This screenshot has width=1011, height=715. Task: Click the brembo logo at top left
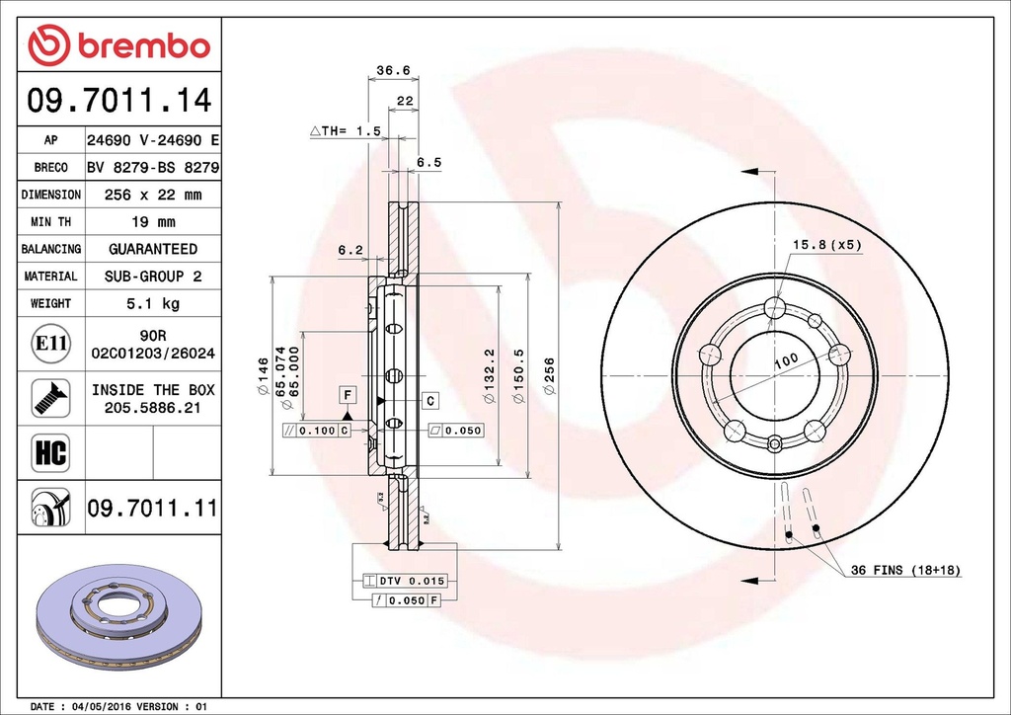[118, 44]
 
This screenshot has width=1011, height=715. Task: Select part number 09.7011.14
[118, 101]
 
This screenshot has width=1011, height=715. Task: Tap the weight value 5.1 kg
[153, 303]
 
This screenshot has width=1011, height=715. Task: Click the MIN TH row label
[50, 222]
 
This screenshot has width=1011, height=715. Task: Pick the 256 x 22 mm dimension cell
[153, 195]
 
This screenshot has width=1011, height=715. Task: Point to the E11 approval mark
[50, 344]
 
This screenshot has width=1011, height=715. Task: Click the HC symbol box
[50, 453]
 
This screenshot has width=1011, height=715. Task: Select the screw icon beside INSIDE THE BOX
[50, 397]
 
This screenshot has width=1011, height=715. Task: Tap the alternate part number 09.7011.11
[152, 509]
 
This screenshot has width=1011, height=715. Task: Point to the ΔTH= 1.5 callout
[346, 130]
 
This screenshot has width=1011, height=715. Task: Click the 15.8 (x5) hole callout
[826, 243]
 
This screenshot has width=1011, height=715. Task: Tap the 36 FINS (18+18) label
[906, 571]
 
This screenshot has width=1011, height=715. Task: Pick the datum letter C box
[430, 400]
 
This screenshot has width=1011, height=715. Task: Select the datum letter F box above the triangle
[348, 395]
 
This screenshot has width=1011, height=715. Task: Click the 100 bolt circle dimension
[785, 361]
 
